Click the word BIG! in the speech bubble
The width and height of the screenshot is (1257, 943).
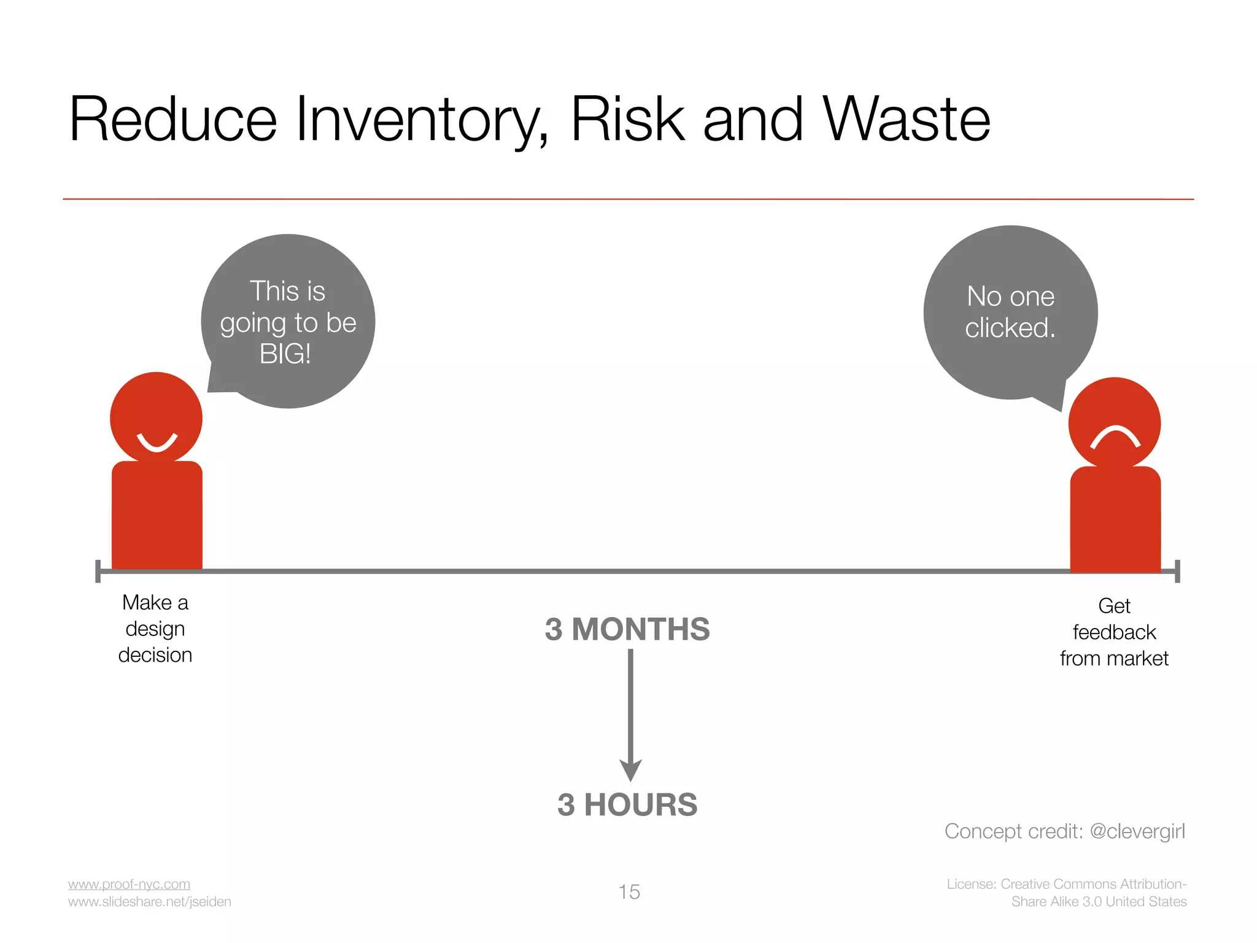(285, 354)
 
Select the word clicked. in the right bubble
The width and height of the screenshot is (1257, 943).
(1010, 328)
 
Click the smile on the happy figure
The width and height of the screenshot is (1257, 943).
(157, 443)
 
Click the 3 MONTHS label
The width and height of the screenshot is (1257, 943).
(627, 629)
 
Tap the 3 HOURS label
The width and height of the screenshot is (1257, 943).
(627, 805)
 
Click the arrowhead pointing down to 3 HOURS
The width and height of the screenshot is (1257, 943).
(630, 770)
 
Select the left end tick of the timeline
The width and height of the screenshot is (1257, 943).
(98, 571)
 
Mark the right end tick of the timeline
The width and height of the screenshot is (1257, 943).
(1177, 571)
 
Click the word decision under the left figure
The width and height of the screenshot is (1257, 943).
(155, 655)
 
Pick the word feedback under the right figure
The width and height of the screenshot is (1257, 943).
(1114, 632)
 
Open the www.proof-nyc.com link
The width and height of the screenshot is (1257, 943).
(129, 884)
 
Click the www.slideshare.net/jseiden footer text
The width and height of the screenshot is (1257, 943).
(150, 902)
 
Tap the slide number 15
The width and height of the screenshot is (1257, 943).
(629, 892)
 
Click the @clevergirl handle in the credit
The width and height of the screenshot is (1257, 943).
(1137, 831)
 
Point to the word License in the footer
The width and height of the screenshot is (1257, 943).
(970, 884)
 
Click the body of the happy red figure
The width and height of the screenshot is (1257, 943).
(157, 516)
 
